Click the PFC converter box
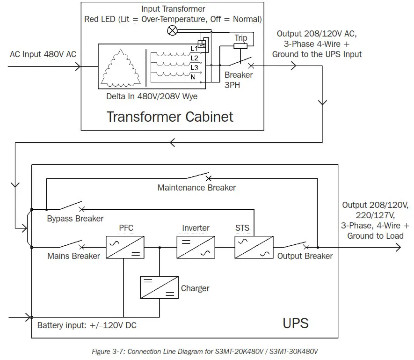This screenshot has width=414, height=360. click(124, 247)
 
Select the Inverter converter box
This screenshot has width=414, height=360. click(196, 247)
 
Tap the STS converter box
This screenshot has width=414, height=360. click(254, 247)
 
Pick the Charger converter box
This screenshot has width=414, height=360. click(159, 287)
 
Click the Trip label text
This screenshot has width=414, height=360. click(240, 38)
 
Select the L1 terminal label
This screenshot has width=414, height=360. click(194, 49)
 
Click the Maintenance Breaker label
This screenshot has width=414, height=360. click(196, 188)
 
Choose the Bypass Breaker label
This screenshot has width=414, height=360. click(75, 219)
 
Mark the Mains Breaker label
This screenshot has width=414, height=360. click(73, 256)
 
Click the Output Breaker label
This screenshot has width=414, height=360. click(305, 256)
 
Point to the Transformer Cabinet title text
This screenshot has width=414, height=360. click(170, 116)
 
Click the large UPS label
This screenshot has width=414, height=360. click(296, 323)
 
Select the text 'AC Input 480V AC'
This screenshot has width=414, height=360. click(43, 54)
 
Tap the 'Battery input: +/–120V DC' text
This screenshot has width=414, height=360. click(87, 325)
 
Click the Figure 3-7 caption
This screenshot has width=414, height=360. click(207, 351)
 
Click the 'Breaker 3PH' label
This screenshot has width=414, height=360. click(239, 80)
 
